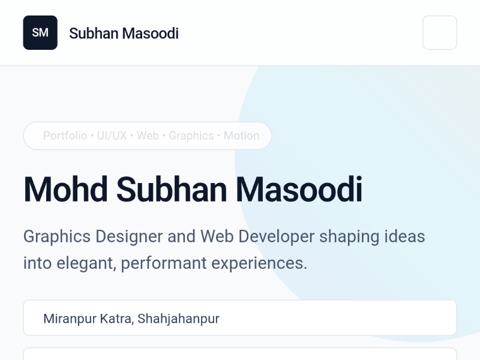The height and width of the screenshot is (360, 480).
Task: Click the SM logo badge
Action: [x=40, y=32]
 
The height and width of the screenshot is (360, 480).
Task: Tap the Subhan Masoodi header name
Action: [x=124, y=33]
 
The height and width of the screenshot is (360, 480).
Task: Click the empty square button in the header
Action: [x=439, y=32]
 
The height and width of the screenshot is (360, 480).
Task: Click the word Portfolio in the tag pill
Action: [x=65, y=136]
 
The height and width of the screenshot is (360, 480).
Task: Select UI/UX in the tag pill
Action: [x=112, y=136]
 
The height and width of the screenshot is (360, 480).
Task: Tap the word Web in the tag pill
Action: [x=148, y=136]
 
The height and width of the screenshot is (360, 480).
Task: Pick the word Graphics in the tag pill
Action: [x=191, y=136]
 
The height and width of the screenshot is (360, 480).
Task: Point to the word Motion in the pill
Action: [x=241, y=136]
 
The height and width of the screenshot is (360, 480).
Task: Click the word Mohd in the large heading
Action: [x=65, y=189]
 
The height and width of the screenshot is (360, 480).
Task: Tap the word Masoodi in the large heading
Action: [x=299, y=189]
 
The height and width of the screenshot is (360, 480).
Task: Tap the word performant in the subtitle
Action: [x=159, y=263]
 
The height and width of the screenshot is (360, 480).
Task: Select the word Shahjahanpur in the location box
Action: [x=178, y=318]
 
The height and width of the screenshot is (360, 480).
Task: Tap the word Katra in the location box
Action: [x=115, y=318]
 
